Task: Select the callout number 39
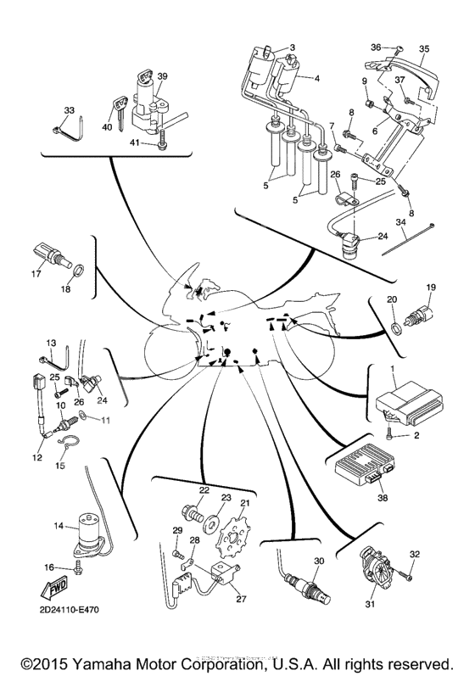pyautogui.click(x=162, y=75)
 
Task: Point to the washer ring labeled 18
pyautogui.click(x=76, y=271)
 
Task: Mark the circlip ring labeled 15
pyautogui.click(x=62, y=441)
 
